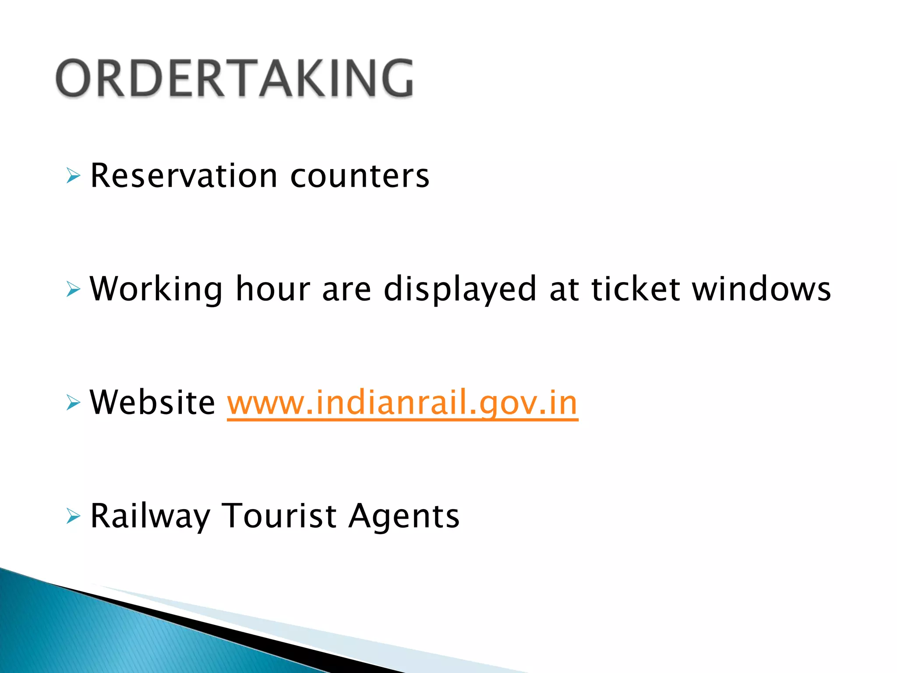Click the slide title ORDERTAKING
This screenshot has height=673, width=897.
[234, 78]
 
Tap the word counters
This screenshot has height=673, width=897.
[360, 176]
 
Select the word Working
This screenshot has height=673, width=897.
[156, 290]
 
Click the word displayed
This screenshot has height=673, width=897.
[460, 290]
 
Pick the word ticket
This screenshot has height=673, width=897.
[636, 290]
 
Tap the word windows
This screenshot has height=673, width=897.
[761, 290]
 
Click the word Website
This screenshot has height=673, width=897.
[152, 403]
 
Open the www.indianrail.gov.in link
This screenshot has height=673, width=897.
[403, 403]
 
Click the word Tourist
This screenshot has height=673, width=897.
[279, 516]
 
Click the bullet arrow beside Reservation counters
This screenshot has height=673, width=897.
[73, 176]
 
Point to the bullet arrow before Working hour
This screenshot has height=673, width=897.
[73, 290]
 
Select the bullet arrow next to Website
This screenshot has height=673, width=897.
[73, 403]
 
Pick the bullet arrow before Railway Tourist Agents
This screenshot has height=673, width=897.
[73, 516]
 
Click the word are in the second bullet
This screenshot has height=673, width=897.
[347, 290]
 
